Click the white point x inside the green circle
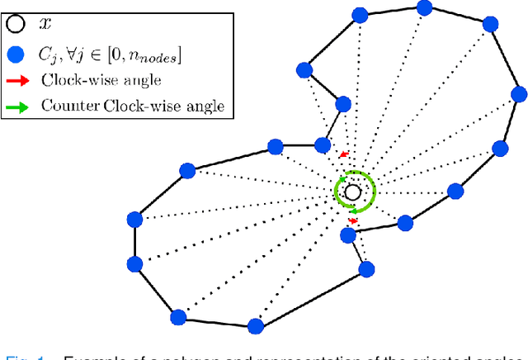coord(352,192)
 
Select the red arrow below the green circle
coord(353,221)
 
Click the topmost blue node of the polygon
coord(425,7)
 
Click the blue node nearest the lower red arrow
coord(348,235)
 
